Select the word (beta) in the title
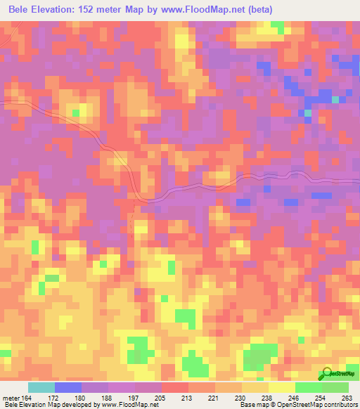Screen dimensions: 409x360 coord(255,10)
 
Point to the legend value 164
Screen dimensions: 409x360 coord(27,398)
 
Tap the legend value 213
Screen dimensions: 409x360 coord(187,398)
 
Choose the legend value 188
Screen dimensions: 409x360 coord(107,398)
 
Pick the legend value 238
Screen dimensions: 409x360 coord(267,398)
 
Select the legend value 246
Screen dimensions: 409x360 coord(294,398)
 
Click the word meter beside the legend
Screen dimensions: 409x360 coord(11,398)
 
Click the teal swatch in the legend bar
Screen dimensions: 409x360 coord(41,388)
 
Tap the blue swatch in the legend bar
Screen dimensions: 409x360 coord(68,388)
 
